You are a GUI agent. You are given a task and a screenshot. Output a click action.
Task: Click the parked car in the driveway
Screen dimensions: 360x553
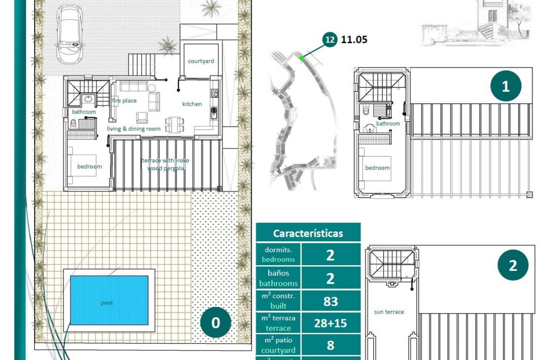coord(70,34)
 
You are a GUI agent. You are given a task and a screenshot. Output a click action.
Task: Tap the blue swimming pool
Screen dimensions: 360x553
coord(109,300)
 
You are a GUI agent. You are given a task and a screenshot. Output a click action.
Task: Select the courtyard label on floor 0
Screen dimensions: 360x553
coord(201,61)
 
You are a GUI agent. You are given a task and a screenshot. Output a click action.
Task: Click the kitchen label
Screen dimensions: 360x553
coord(192,104)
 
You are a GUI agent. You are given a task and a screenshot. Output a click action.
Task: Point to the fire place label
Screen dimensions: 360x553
coord(124,101)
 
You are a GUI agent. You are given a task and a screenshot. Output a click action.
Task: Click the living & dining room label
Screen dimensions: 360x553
coord(134,129)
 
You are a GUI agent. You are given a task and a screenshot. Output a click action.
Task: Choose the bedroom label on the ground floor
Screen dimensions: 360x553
coord(90,167)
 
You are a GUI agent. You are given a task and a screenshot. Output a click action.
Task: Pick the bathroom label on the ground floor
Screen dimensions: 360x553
coord(84,112)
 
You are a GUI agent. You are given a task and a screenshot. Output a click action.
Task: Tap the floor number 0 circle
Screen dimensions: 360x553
coord(216,323)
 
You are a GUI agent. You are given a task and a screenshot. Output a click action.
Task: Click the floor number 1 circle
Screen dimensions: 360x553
coord(506,86)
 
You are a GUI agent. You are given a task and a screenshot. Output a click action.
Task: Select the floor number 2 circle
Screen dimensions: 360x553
coord(513,266)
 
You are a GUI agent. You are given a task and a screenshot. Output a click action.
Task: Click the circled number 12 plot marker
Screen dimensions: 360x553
coord(330,40)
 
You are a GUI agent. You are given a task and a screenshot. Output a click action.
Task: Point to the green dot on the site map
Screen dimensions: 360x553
coord(302,58)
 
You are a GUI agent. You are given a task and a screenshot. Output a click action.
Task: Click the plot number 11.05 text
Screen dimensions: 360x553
coord(354,40)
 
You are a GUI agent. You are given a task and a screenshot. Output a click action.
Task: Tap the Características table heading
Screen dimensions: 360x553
coord(308,234)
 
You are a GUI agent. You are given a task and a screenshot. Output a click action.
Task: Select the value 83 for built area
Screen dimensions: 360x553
coord(331,301)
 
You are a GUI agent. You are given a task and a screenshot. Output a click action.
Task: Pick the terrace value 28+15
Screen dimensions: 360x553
coord(331,323)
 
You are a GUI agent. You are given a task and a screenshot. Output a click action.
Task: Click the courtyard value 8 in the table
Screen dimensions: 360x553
coord(331,345)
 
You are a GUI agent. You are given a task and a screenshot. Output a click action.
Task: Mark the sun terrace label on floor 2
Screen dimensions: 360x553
coord(389,312)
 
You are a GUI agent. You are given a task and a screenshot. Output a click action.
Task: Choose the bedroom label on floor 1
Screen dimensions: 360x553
coord(377,168)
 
